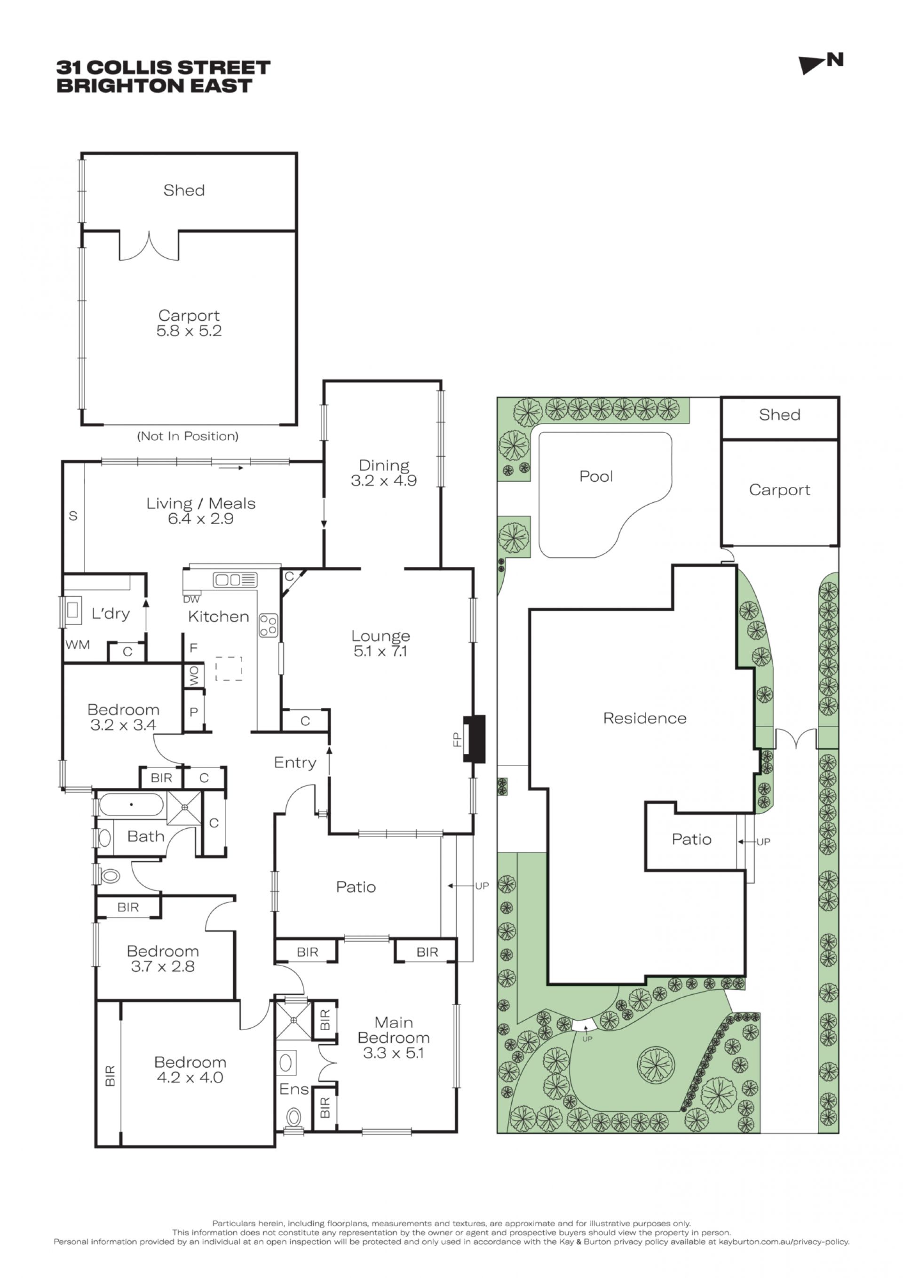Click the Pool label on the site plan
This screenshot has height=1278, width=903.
596,476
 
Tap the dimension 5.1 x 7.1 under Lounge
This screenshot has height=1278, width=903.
380,651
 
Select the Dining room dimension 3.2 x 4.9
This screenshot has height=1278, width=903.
384,480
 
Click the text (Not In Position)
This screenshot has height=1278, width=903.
188,436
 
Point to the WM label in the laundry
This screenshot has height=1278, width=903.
78,644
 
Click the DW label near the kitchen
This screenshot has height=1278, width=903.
191,599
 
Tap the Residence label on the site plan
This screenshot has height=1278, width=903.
645,718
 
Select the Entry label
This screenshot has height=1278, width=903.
295,762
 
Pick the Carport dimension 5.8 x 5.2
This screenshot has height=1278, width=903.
189,331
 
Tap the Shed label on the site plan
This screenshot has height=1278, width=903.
779,415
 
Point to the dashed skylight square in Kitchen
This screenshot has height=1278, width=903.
229,668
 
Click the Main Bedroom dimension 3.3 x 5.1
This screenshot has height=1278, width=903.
393,1053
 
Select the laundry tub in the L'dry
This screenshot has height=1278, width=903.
73,610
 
